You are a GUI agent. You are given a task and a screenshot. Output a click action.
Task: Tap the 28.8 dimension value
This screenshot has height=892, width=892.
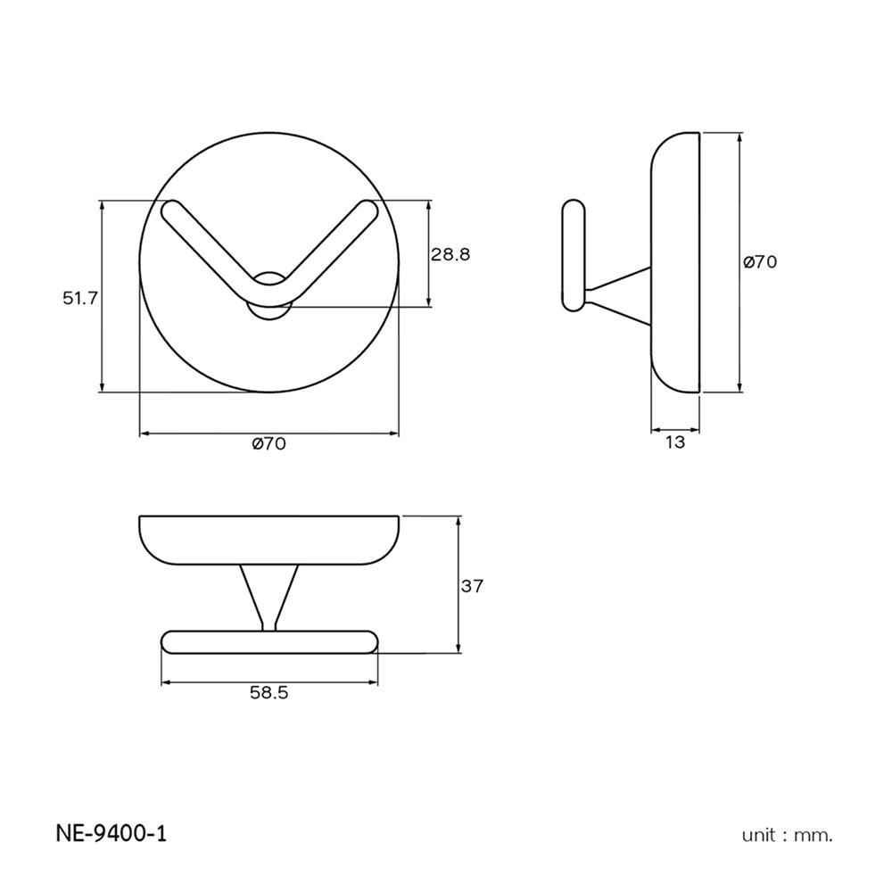tap(450, 254)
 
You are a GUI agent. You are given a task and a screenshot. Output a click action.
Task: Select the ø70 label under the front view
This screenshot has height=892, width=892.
tap(268, 444)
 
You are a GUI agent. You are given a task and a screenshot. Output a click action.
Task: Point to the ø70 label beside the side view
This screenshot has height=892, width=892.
tap(760, 262)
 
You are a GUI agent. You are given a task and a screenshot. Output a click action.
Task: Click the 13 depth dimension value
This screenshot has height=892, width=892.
tap(675, 442)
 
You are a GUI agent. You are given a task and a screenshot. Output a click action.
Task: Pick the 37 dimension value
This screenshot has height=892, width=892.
tap(472, 586)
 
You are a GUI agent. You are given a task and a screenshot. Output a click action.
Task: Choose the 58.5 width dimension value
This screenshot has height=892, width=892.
tap(268, 693)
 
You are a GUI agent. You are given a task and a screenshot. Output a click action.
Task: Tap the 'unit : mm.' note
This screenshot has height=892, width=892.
tap(787, 836)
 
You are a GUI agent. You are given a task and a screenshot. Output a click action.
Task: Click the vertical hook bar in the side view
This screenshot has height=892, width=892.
tap(574, 257)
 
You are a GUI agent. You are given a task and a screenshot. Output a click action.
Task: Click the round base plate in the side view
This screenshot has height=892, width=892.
tap(675, 262)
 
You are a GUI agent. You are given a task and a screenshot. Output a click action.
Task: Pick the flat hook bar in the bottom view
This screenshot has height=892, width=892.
tap(268, 642)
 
